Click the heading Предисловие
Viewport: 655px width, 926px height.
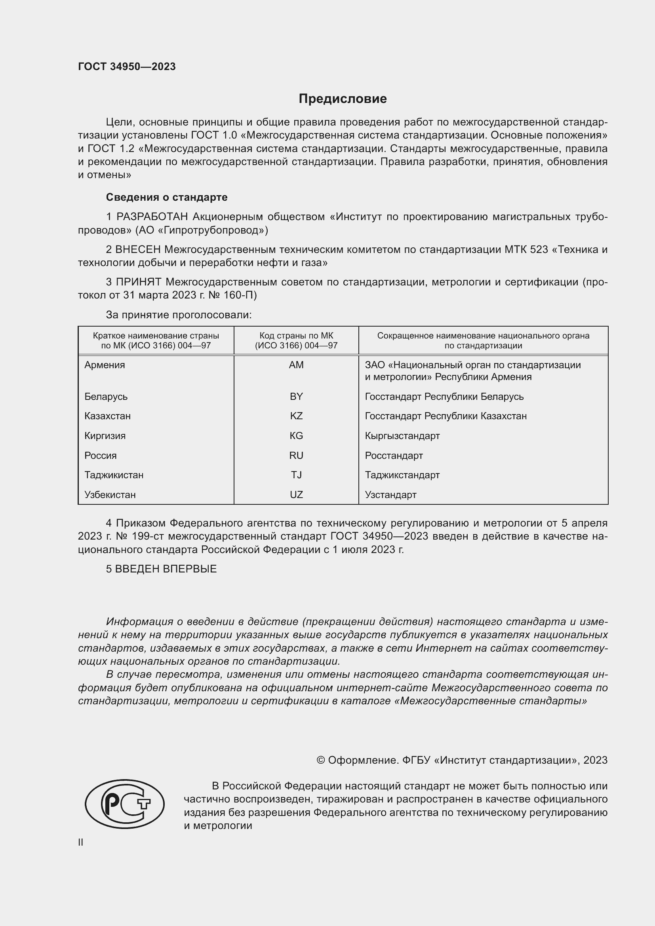(x=343, y=99)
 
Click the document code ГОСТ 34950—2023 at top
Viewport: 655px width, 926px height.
(x=127, y=67)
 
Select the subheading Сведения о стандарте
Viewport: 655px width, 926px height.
(x=167, y=197)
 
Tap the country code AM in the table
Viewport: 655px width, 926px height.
(x=296, y=365)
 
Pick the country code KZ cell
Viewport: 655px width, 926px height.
(x=296, y=416)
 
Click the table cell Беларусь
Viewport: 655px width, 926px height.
(x=106, y=396)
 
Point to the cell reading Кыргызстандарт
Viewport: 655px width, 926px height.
(x=402, y=435)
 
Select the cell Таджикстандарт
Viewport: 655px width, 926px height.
(x=402, y=475)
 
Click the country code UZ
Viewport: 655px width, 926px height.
(x=296, y=494)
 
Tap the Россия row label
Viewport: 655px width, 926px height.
(x=101, y=455)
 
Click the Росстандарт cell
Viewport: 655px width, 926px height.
(x=394, y=455)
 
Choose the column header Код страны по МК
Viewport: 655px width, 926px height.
(x=296, y=336)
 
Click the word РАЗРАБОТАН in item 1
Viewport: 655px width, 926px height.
(x=152, y=217)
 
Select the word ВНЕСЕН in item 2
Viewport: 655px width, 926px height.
(x=138, y=250)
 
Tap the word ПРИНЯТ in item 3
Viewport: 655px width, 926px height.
(x=139, y=282)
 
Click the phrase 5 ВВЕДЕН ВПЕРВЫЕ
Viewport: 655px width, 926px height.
(x=161, y=569)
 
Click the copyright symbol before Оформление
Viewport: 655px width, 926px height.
(x=321, y=760)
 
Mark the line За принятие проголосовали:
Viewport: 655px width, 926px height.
(x=179, y=315)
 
